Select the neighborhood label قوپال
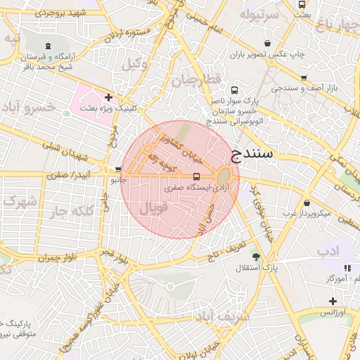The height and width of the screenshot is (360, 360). coord(155,209)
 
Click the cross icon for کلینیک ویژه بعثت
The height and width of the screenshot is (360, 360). coord(108,97)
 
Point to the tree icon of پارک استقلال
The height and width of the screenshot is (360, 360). coord(256,257)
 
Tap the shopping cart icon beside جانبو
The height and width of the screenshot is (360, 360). coord(118,169)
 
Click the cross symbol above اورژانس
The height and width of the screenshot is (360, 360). coord(332,301)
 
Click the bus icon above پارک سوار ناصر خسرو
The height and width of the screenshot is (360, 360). coord(234,90)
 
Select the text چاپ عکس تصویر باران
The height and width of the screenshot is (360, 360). coord(261,53)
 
